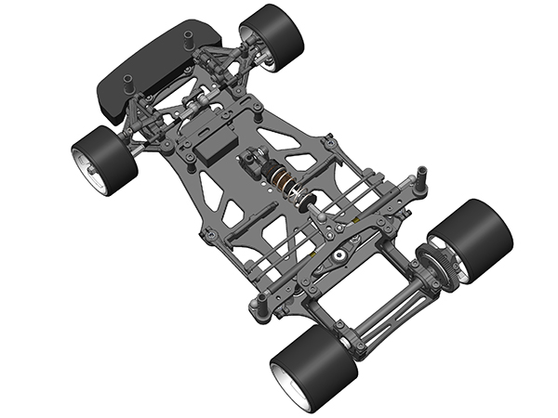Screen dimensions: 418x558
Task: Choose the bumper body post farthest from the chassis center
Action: click(x=186, y=39)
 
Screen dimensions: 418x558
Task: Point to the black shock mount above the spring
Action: click(x=252, y=163)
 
